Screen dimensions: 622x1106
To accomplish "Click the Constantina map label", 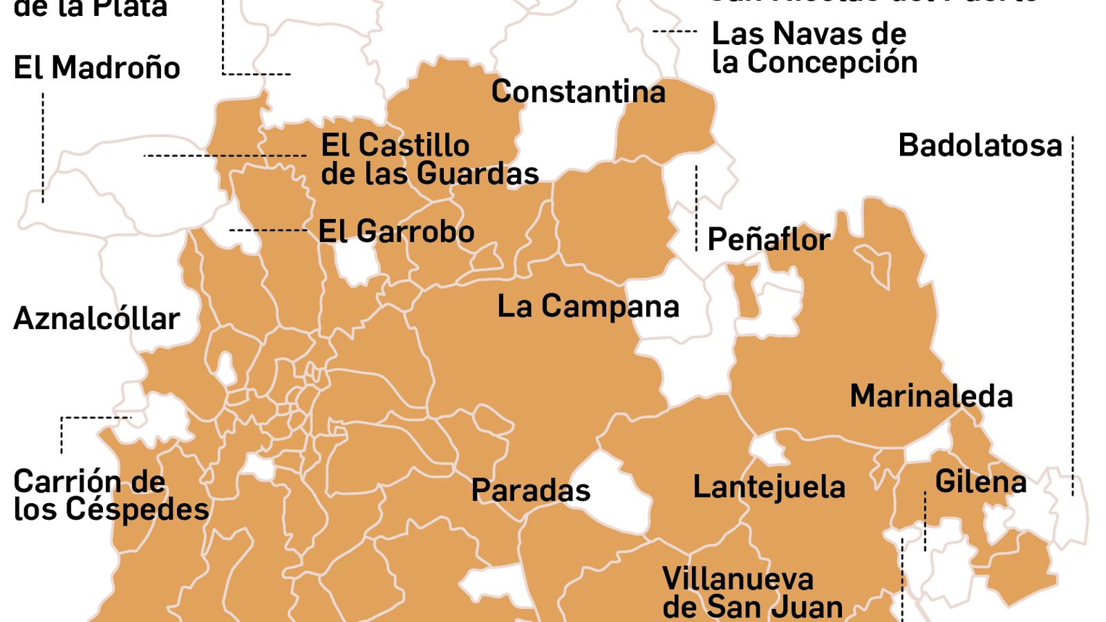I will (578, 92).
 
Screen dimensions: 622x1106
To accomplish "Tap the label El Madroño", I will (97, 68).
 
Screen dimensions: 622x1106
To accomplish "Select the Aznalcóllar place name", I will (97, 319).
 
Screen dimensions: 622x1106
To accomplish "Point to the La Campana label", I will (588, 306).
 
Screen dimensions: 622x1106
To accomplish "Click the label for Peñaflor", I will (769, 240).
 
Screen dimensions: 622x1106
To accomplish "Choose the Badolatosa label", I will (980, 146).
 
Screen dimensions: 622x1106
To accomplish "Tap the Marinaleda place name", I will (930, 396).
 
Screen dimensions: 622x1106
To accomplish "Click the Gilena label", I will (980, 482).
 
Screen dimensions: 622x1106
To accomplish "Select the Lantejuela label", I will (769, 487).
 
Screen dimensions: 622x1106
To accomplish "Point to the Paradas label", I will (530, 491).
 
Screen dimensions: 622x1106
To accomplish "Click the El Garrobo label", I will (396, 232).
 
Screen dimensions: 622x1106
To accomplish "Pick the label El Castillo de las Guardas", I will (429, 160).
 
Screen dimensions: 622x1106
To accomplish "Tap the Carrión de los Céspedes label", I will (111, 496).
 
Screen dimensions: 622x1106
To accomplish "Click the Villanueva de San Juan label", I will (752, 593).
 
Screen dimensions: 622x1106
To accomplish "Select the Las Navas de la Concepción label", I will (814, 48).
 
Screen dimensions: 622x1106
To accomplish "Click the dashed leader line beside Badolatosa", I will (1073, 311).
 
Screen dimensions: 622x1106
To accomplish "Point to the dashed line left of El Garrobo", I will (268, 229).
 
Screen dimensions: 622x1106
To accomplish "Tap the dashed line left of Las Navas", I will (675, 31).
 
